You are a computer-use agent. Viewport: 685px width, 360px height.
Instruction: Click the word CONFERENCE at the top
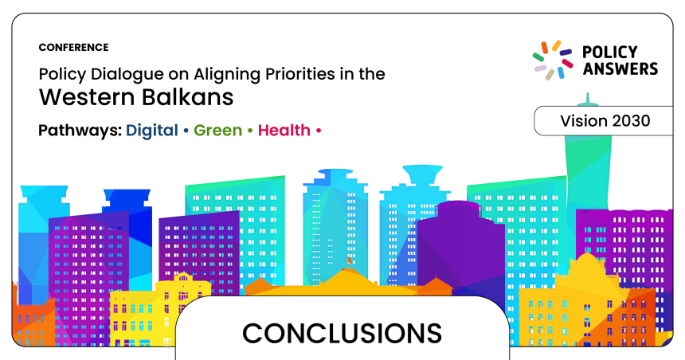click(x=73, y=47)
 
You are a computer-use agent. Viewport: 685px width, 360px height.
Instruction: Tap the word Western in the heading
click(x=87, y=97)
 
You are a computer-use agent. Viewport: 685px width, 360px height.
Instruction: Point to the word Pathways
click(x=80, y=131)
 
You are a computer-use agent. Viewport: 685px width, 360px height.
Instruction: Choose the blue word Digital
click(x=152, y=131)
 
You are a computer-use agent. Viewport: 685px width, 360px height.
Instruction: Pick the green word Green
click(x=217, y=130)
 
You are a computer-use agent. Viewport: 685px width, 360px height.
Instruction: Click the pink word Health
click(x=284, y=130)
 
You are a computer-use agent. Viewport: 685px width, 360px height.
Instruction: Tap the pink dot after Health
click(x=319, y=130)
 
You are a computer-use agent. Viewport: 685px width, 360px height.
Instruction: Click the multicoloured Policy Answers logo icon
click(x=553, y=60)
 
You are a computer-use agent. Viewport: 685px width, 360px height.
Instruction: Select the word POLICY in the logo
click(x=610, y=53)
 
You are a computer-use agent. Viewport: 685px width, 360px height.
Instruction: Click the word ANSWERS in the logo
click(x=620, y=69)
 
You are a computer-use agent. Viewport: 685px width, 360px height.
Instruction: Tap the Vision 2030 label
click(x=605, y=121)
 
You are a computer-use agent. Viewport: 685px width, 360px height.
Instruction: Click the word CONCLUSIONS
click(x=342, y=334)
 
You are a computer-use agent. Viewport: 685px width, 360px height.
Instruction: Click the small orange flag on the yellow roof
click(x=350, y=260)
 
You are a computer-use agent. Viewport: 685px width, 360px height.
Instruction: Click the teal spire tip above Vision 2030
click(x=588, y=93)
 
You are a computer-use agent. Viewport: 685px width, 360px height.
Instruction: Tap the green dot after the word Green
click(x=250, y=130)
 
